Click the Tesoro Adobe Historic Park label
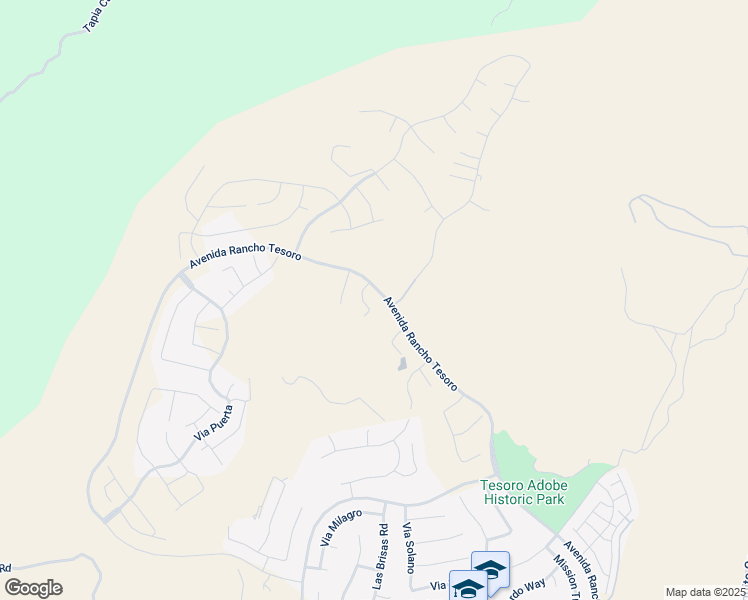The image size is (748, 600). pyautogui.click(x=522, y=492)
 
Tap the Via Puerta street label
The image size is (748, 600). pyautogui.click(x=214, y=424)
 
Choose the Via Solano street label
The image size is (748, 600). pyautogui.click(x=408, y=547)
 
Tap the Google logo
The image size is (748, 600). pyautogui.click(x=33, y=588)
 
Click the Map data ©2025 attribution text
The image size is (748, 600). pyautogui.click(x=705, y=592)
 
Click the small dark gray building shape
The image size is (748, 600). pyautogui.click(x=402, y=365)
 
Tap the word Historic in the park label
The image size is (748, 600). pyautogui.click(x=505, y=499)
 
